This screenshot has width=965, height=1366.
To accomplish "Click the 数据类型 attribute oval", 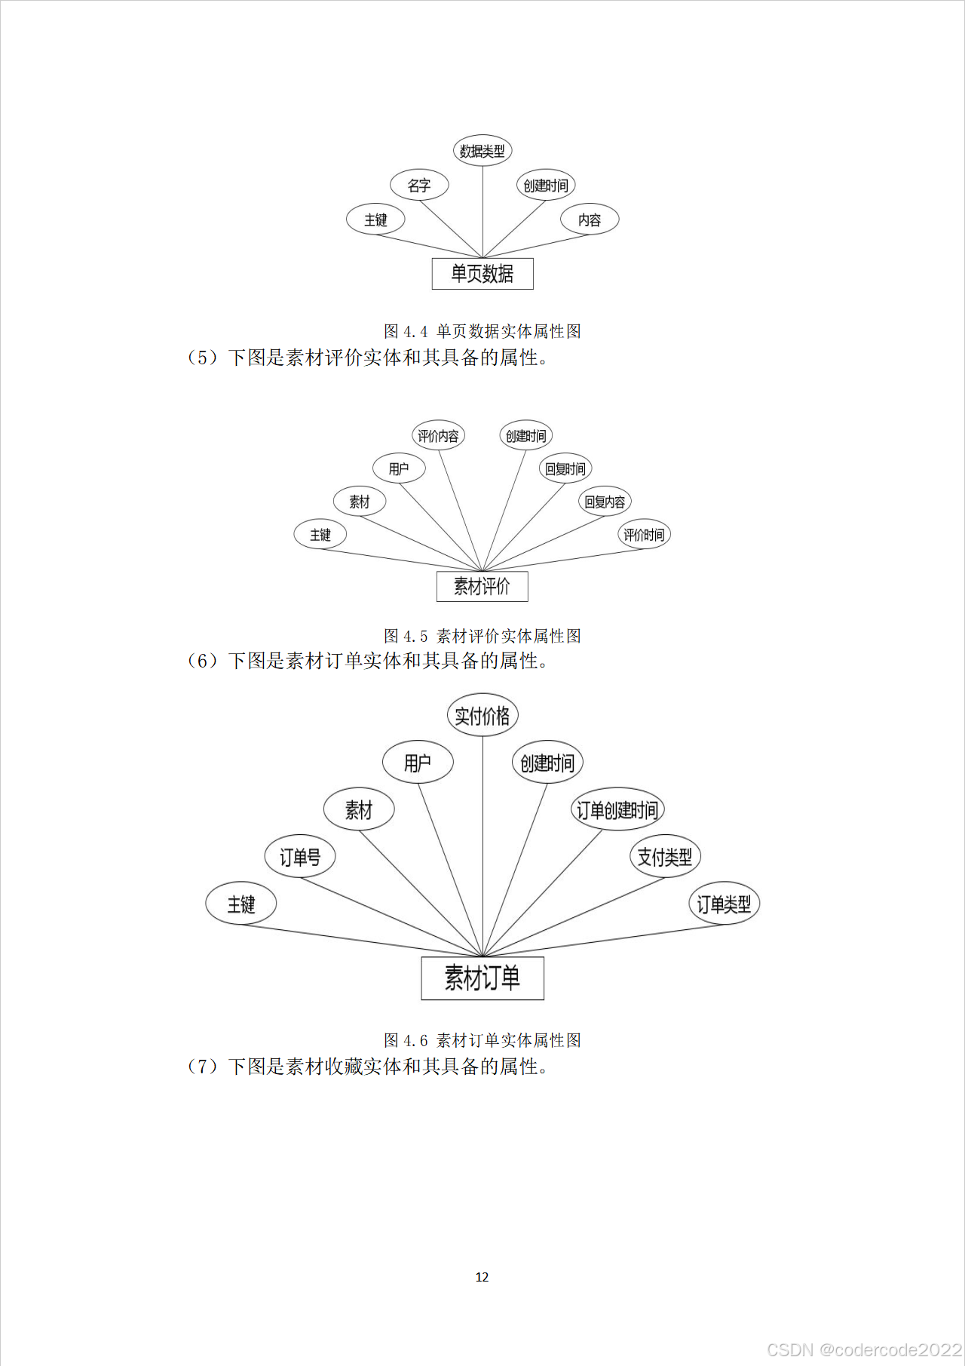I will [482, 151].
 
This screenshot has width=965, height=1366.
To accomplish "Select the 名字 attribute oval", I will [419, 185].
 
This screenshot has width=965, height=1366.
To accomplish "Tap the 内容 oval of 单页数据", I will [590, 219].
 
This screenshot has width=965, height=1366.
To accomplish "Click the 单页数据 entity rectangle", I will [482, 274].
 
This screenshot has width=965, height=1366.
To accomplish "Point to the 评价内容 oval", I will [438, 436].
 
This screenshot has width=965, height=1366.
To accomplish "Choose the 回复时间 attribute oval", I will [565, 468].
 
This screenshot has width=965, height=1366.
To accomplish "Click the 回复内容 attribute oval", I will [605, 502].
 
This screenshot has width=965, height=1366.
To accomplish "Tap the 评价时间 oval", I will [644, 535].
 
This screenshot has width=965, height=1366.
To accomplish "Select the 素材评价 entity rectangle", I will [482, 586].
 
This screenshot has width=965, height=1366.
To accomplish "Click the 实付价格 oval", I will [482, 716].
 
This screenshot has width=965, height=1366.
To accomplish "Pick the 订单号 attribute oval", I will [300, 857].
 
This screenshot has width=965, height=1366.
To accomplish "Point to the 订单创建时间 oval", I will [617, 810].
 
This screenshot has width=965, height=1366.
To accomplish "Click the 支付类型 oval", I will [665, 857].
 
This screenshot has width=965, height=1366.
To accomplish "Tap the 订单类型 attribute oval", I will [724, 904].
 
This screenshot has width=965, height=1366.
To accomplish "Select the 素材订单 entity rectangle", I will [482, 978].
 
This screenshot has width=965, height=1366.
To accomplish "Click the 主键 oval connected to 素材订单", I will [241, 904].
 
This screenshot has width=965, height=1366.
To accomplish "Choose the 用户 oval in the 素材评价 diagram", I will [399, 468].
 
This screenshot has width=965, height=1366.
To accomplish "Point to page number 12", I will [482, 1277].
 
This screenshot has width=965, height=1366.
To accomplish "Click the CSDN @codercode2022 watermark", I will [864, 1349].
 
